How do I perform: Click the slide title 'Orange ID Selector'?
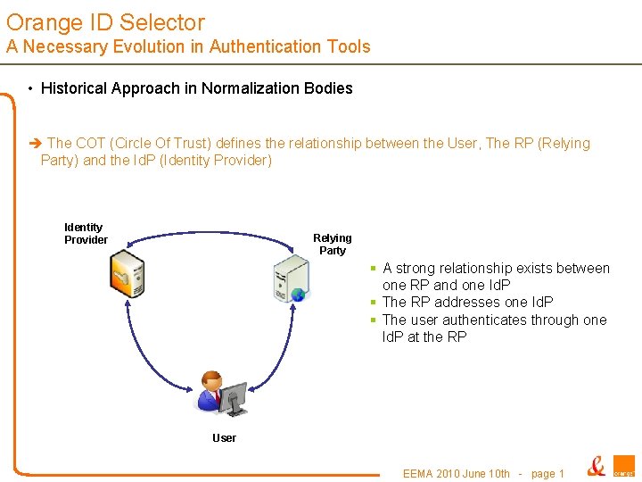coord(105,22)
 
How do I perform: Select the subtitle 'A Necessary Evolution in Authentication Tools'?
coord(188,47)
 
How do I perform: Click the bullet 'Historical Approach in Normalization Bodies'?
coord(196,88)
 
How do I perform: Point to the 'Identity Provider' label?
coord(86,234)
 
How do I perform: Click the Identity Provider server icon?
coord(126,275)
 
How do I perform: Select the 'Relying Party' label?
coord(332,245)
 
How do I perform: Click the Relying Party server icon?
coord(292,278)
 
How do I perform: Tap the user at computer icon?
coord(221,393)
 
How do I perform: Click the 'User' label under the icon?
coord(224,438)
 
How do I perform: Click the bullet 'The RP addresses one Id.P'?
coord(467,303)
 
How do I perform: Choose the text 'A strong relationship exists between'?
coord(496,269)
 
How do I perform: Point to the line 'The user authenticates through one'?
coord(494,320)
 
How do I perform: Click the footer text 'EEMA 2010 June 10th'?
coord(456,473)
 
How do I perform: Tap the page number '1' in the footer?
coord(560,473)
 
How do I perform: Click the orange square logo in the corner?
coord(623,467)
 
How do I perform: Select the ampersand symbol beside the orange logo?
coord(596,466)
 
